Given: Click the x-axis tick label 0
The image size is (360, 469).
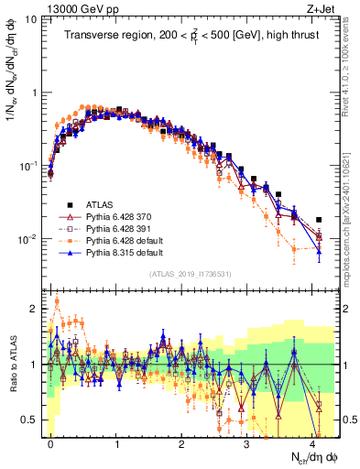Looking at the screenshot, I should [x=50, y=443].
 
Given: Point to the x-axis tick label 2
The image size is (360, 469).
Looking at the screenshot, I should [x=181, y=443].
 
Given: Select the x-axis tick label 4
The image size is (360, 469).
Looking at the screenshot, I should [x=312, y=443].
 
